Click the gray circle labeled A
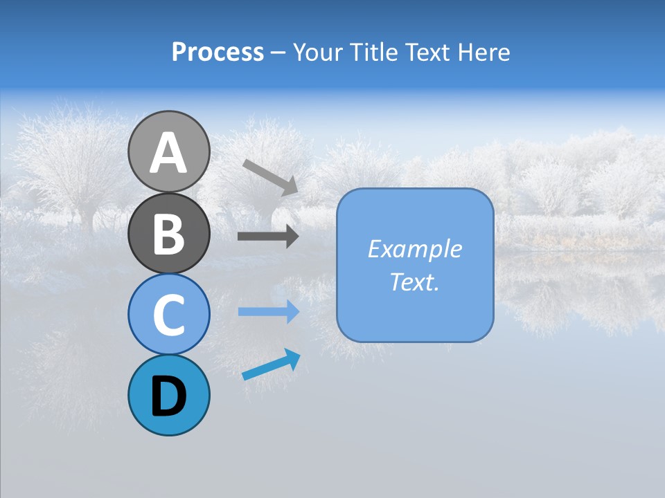[x=168, y=151]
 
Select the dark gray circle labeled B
[x=168, y=233]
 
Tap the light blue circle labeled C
[x=168, y=314]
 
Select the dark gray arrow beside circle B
[x=267, y=237]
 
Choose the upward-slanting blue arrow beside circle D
[x=271, y=366]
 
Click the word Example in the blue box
[x=414, y=249]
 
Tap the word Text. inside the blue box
[x=414, y=282]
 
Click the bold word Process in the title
[x=218, y=52]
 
